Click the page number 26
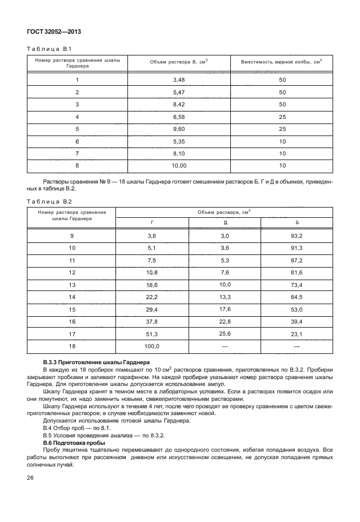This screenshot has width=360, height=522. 31,493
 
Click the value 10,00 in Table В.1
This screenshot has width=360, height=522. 179,165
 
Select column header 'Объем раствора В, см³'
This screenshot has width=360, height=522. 179,62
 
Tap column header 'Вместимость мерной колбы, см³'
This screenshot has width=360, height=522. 282,62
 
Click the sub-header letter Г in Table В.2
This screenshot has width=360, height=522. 152,222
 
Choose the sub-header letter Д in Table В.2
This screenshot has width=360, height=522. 225,222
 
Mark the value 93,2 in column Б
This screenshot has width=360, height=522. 297,236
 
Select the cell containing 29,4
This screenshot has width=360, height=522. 152,309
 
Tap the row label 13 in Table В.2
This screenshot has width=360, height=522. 72,285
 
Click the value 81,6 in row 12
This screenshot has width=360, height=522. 297,273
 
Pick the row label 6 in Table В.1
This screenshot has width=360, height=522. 77,141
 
